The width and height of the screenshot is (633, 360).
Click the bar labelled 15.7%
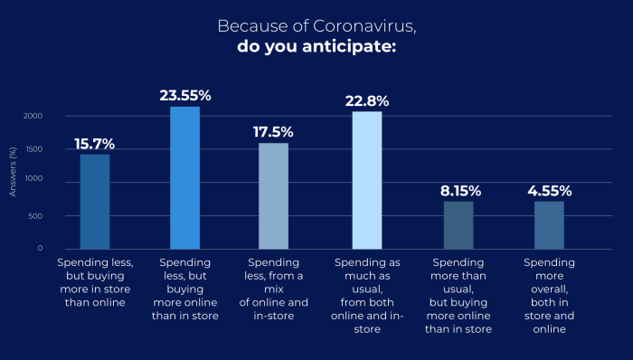[95, 201]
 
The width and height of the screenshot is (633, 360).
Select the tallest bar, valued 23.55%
[184, 177]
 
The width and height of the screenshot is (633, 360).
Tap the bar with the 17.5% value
[274, 195]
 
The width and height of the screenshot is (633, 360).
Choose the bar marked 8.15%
[458, 224]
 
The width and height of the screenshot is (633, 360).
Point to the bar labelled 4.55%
[549, 224]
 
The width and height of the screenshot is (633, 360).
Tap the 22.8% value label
[366, 99]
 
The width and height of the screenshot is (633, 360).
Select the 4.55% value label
[549, 191]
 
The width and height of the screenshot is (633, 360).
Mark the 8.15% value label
[458, 191]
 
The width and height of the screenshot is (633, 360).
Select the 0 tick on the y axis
[40, 248]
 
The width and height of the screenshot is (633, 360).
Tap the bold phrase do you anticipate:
[316, 46]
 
